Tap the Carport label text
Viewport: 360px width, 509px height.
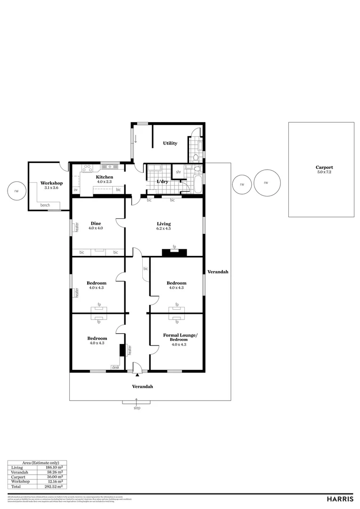click(324, 167)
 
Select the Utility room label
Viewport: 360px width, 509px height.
click(170, 143)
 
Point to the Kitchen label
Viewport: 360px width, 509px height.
click(105, 177)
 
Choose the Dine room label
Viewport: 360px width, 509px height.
click(96, 223)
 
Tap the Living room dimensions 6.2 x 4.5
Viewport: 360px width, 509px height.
click(164, 229)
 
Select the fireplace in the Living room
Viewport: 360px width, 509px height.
click(174, 252)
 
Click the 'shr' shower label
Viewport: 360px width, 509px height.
click(179, 172)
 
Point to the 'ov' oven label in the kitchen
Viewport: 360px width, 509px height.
click(75, 190)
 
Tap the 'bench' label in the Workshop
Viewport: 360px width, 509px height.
click(45, 205)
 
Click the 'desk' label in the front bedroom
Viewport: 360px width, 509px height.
click(115, 367)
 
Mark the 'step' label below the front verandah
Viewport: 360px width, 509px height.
click(137, 408)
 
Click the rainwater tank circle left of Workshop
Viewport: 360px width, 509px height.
click(17, 191)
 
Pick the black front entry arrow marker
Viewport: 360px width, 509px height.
click(137, 375)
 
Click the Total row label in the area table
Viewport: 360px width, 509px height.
click(16, 486)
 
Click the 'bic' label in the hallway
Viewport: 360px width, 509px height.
click(146, 269)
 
